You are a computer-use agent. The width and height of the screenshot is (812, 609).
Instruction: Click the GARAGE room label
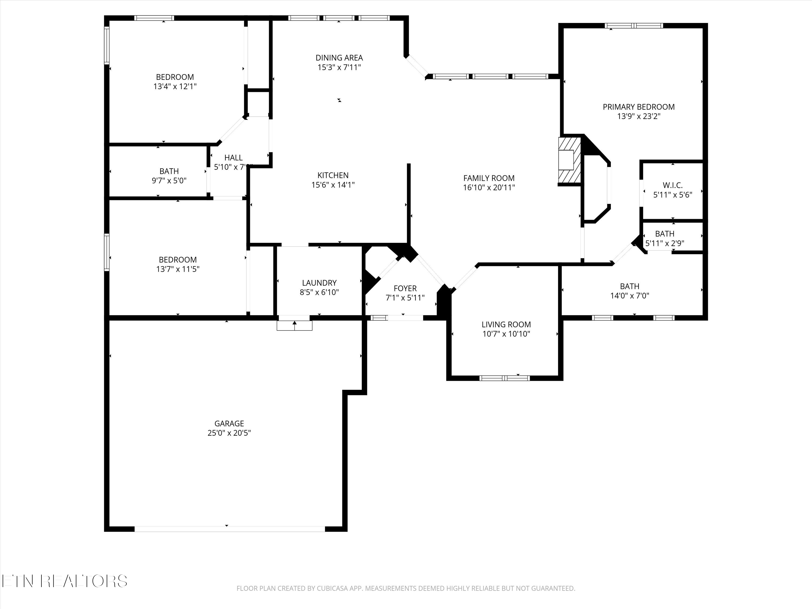coord(229,423)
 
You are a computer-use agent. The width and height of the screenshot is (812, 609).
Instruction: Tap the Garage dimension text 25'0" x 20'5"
coord(229,433)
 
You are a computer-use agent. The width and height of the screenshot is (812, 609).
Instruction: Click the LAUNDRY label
coord(319,283)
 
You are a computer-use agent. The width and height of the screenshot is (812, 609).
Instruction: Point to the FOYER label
coord(405,288)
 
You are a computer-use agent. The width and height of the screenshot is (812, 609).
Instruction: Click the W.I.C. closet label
coord(673,185)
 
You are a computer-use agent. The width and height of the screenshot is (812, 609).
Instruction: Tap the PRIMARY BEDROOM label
coord(638,107)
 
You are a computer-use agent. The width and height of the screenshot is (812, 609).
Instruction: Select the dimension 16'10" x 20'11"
coord(489,188)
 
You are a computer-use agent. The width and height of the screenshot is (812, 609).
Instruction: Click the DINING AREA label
coord(339,58)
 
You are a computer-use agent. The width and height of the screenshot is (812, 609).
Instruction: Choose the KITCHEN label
coord(333,175)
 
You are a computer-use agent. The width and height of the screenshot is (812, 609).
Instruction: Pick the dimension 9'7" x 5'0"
coord(169,181)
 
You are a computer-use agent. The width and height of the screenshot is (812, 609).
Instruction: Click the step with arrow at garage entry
coord(294,325)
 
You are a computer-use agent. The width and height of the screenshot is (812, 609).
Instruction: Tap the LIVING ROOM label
coord(506,325)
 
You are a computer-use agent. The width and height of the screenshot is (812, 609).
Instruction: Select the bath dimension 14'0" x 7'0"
coord(630,296)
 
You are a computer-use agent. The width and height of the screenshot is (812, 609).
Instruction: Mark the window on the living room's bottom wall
coord(505,378)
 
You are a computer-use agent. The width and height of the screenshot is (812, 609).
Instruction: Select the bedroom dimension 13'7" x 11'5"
coord(178,269)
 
